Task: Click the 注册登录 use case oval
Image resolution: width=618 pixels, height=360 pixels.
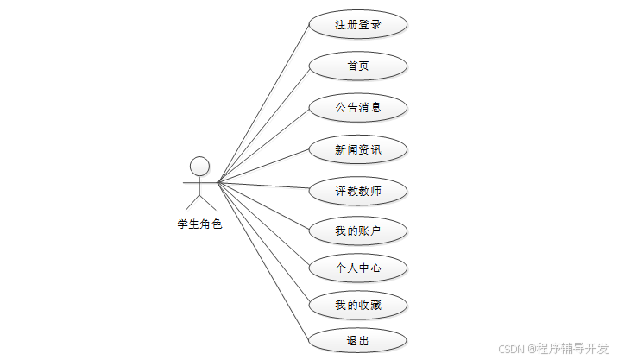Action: point(358,24)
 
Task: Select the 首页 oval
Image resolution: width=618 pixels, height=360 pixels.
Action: point(358,66)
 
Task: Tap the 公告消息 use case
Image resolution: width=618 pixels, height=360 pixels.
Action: point(358,108)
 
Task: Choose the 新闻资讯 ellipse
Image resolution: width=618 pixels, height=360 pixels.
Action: point(358,149)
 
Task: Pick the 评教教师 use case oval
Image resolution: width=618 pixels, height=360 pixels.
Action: point(358,190)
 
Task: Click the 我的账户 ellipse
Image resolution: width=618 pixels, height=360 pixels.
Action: point(358,231)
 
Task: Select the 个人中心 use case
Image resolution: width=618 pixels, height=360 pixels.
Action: point(358,268)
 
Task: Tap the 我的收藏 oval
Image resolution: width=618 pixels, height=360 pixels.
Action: point(358,305)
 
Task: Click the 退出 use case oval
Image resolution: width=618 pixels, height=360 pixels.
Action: point(358,341)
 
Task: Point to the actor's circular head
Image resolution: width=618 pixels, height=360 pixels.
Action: point(199,166)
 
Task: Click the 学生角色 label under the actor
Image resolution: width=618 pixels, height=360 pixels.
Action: point(199,224)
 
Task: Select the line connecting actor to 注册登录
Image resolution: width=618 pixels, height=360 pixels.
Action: point(263,103)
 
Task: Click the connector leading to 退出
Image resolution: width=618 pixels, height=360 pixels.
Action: point(263,262)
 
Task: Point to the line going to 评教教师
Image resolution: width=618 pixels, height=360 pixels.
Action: point(263,186)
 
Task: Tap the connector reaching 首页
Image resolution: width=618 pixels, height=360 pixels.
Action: point(263,123)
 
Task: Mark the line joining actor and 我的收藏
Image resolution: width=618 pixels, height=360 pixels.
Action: point(263,243)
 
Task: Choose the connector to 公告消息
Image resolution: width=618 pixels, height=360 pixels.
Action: point(263,145)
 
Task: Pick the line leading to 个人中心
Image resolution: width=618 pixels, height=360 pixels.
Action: point(263,224)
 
